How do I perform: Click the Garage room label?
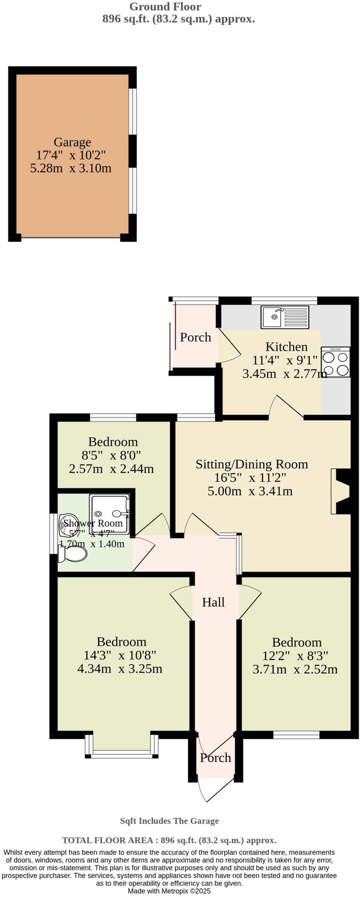(x=72, y=142)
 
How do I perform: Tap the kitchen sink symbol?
(x=285, y=317)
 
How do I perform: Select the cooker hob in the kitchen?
(x=335, y=362)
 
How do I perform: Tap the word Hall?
(x=213, y=602)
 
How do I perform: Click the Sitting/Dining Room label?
(x=251, y=464)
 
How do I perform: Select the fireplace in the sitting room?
(x=341, y=491)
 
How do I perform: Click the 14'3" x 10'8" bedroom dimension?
(x=120, y=655)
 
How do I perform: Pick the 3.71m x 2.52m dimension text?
(x=295, y=669)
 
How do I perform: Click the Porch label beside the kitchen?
(x=195, y=337)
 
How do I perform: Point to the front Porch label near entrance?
(x=215, y=758)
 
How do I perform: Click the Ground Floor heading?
(x=165, y=7)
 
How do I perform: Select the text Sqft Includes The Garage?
(x=169, y=821)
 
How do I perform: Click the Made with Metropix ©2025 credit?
(x=169, y=891)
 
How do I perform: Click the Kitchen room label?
(x=286, y=347)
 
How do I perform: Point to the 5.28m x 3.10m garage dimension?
(x=71, y=168)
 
